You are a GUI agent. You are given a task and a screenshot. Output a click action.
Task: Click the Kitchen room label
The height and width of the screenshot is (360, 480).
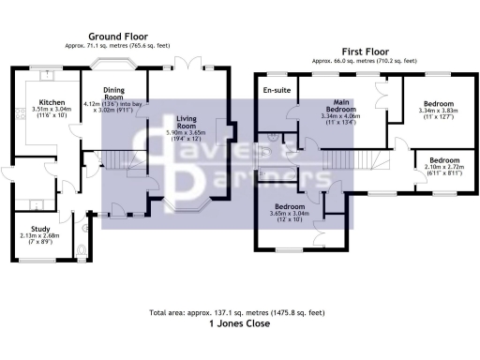coord(50,102)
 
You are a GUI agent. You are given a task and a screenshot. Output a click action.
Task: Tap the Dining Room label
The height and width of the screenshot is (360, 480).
coord(112,93)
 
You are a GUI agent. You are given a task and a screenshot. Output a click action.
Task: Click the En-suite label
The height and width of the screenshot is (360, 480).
coord(275,90)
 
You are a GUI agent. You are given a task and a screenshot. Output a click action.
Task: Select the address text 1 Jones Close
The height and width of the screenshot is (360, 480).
coord(239,324)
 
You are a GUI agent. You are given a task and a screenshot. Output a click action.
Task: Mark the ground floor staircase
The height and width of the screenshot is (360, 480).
coord(120,160)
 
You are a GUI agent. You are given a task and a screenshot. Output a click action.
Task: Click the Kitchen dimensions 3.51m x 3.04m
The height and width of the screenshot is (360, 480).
coord(50,111)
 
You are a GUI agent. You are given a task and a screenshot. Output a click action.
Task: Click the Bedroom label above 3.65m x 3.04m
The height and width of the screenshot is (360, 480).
coord(291,205)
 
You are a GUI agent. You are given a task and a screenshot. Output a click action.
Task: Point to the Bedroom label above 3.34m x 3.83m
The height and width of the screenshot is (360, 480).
coord(438,103)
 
